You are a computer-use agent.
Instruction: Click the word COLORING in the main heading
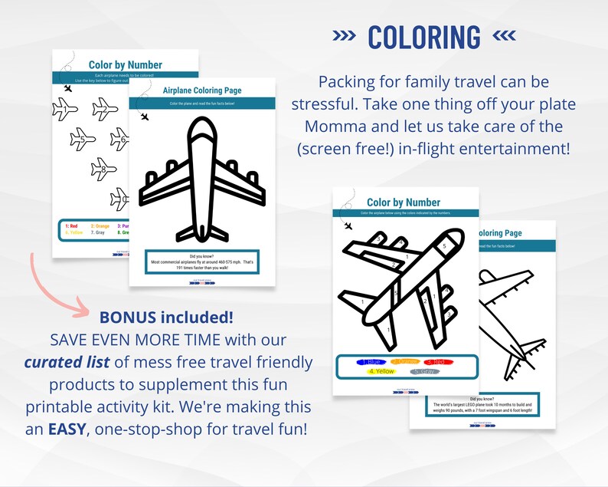pyautogui.click(x=423, y=37)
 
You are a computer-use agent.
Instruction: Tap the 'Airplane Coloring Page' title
pyautogui.click(x=202, y=90)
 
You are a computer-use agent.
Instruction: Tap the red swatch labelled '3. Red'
pyautogui.click(x=440, y=361)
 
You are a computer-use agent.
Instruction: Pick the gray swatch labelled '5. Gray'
pyautogui.click(x=426, y=372)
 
